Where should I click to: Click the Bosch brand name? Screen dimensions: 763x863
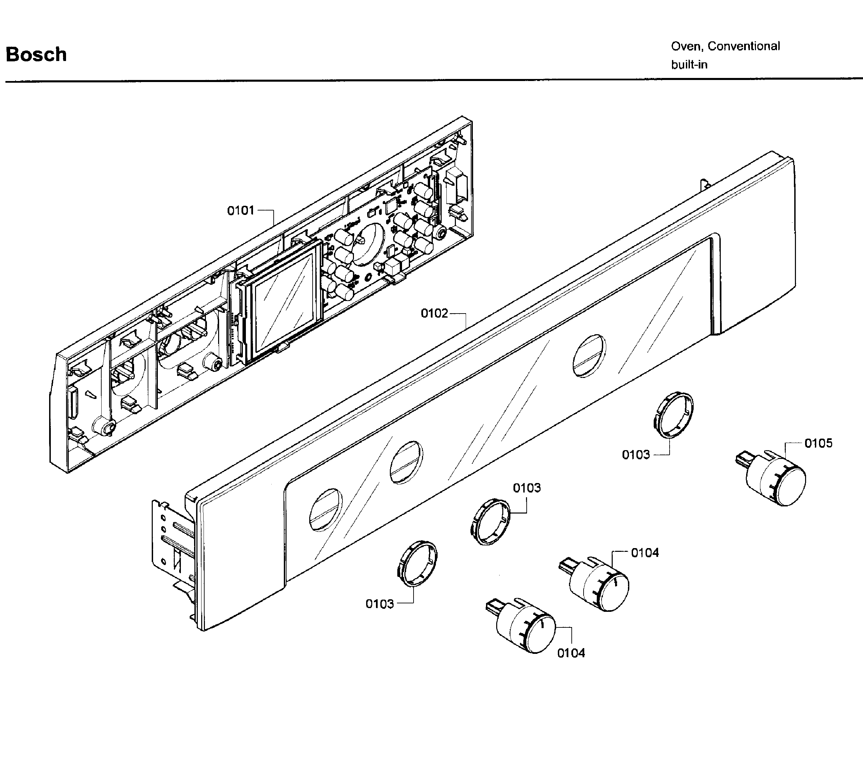coord(36,55)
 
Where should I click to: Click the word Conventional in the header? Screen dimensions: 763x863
coord(743,46)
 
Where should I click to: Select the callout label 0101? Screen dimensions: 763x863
coord(241,210)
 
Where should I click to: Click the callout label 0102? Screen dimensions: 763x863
coord(434,314)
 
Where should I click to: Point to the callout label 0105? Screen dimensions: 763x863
coord(818,443)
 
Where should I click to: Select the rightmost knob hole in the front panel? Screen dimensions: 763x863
coord(589,356)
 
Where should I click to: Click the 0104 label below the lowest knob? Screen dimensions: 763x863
coord(571,653)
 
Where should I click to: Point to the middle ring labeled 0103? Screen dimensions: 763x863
coord(490,521)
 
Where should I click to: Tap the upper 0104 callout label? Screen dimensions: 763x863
coord(645,553)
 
